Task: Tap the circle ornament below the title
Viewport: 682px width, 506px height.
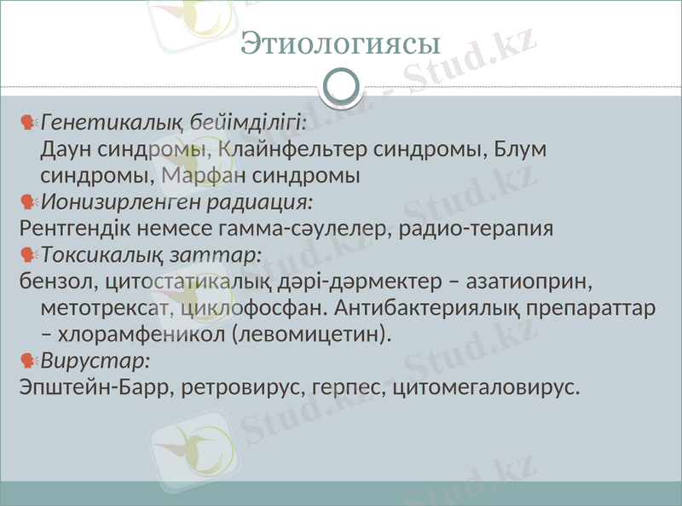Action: (x=341, y=87)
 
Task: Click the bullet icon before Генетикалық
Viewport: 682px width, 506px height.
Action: (x=28, y=122)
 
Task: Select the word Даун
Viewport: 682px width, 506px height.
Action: (x=65, y=149)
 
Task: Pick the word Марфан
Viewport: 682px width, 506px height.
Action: (x=203, y=177)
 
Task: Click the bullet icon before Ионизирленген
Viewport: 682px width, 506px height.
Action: (x=28, y=202)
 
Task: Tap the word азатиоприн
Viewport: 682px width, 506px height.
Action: (x=532, y=282)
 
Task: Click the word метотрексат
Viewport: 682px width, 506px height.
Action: (x=108, y=308)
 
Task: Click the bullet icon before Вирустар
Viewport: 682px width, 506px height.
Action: (x=28, y=360)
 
